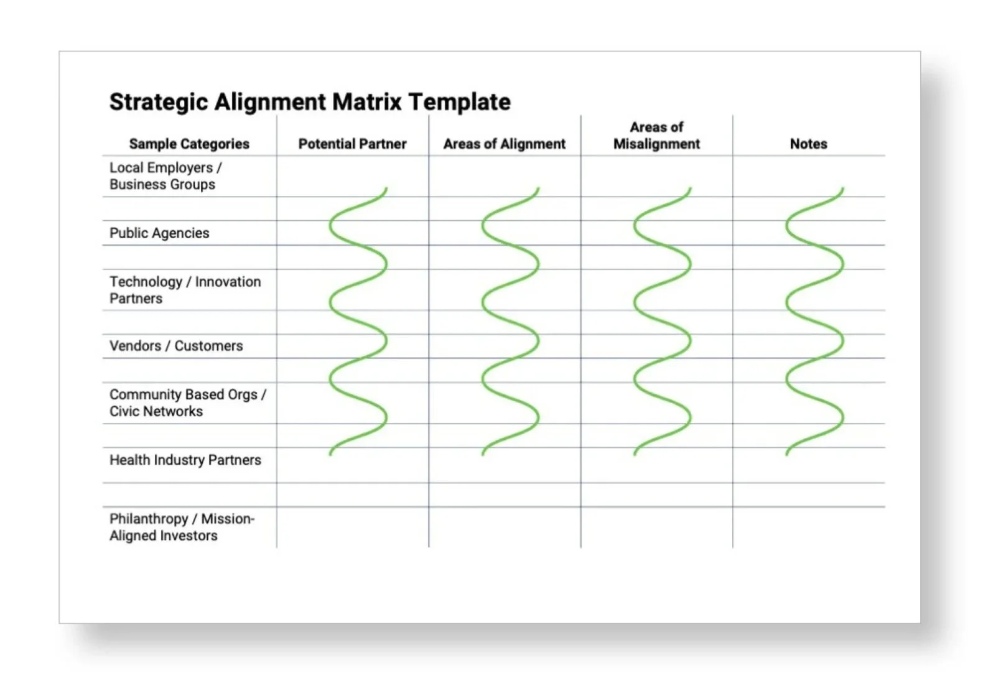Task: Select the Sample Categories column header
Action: [189, 144]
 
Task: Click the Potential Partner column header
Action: [352, 144]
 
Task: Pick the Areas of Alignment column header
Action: [505, 144]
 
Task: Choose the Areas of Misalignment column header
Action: [656, 136]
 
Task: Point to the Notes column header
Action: [808, 144]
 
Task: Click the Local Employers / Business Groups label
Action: [165, 176]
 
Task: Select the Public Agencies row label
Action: [159, 233]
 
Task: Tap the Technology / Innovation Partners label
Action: [185, 290]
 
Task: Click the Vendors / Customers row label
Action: [176, 346]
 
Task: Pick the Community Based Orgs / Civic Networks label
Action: [187, 402]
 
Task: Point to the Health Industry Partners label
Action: [185, 460]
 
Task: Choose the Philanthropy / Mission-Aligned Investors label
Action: [182, 527]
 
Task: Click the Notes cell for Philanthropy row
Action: [808, 527]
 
